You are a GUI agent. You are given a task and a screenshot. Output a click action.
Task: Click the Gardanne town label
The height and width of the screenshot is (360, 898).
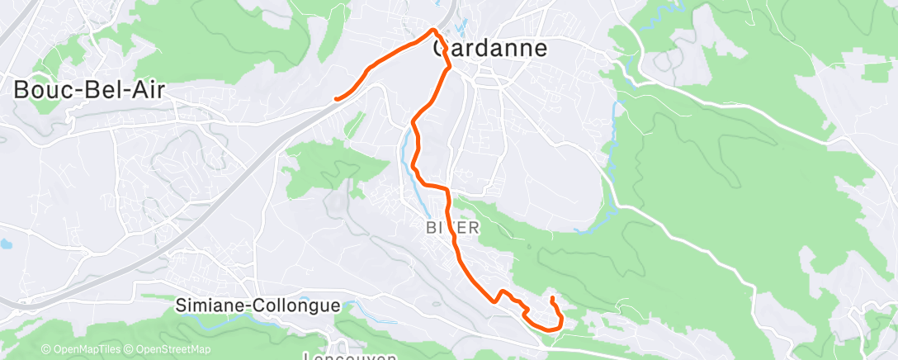tap(490, 48)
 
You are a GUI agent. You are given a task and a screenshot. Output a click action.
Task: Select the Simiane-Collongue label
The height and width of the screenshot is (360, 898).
tap(258, 306)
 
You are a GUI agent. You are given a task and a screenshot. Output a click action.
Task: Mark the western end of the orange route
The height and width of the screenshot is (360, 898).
tap(336, 99)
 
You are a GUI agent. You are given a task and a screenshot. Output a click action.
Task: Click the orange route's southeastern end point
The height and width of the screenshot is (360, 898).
tap(551, 296)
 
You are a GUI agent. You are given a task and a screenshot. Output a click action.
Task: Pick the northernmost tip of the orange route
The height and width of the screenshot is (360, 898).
tap(433, 31)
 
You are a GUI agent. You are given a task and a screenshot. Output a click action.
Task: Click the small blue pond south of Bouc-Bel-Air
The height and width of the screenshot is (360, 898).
tap(6, 245)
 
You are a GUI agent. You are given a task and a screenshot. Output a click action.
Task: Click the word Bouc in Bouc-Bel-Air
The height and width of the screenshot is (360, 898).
tap(40, 89)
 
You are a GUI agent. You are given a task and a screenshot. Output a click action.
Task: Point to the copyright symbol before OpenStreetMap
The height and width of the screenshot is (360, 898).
tap(130, 349)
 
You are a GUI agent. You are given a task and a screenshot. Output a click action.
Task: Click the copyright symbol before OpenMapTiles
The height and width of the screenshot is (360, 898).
tap(46, 349)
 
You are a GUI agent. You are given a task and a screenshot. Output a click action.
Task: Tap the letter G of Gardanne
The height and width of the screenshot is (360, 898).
tap(442, 48)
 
